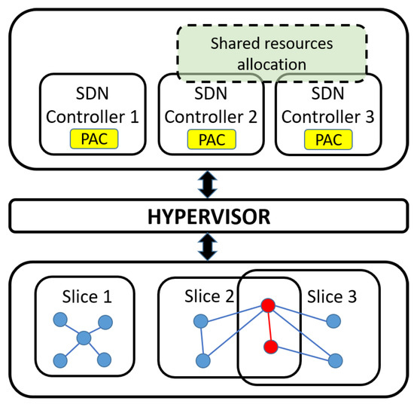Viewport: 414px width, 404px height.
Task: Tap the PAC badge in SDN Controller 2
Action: [207, 139]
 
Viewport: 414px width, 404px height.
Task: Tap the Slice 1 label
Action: [86, 296]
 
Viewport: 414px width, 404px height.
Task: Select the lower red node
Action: [272, 347]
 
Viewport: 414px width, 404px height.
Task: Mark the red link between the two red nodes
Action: [269, 326]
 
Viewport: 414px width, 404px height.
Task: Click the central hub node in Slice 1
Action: [84, 338]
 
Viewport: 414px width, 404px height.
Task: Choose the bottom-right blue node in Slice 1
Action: [105, 359]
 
